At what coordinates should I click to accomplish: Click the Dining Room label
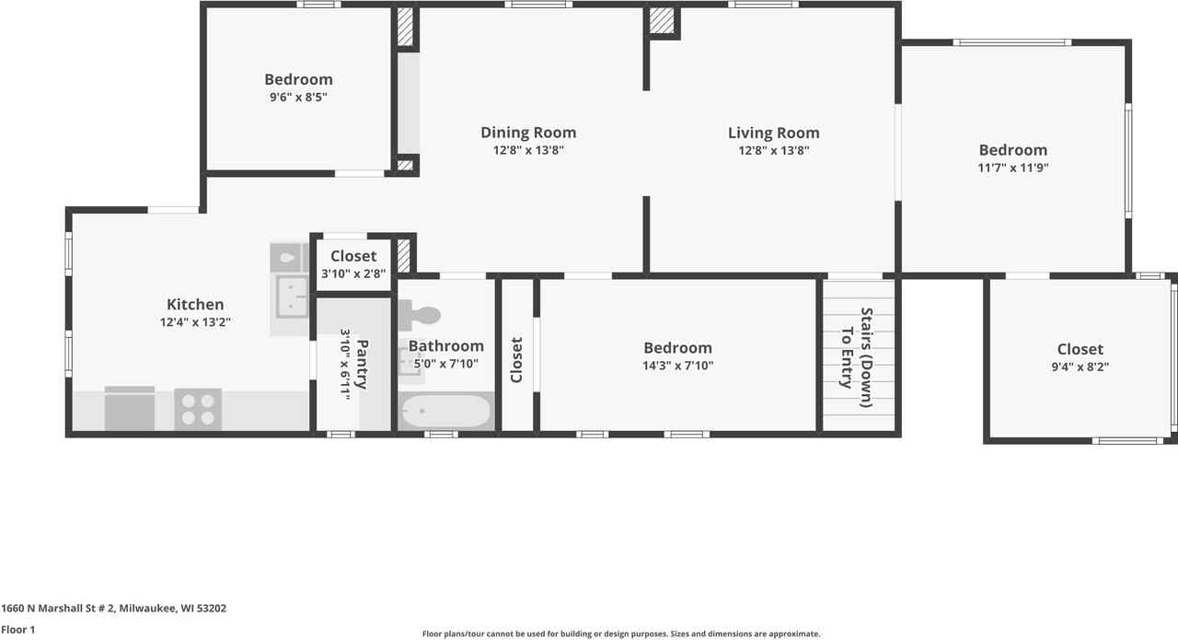[x=528, y=133]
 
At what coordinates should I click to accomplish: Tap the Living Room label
[x=773, y=133]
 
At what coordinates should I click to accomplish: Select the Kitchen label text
[x=195, y=305]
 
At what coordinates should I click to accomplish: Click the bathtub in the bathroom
[x=446, y=411]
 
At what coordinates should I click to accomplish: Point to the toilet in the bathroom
[x=422, y=316]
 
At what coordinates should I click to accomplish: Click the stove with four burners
[x=198, y=409]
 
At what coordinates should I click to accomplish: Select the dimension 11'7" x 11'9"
[x=1012, y=168]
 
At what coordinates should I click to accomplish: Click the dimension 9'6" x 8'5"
[x=298, y=97]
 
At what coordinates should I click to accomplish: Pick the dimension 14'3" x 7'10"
[x=677, y=366]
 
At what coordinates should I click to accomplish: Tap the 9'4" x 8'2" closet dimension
[x=1080, y=367]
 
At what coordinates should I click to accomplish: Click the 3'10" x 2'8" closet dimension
[x=353, y=273]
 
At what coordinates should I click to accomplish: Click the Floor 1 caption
[x=17, y=630]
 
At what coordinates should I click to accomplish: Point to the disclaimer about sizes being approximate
[x=620, y=634]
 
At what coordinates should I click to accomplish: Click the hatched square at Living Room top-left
[x=661, y=21]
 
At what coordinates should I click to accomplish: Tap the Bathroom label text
[x=445, y=346]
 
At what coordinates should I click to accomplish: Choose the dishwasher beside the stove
[x=130, y=410]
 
